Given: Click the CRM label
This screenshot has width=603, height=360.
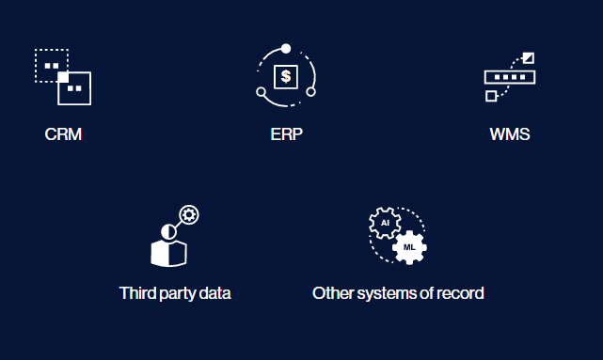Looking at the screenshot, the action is (63, 134).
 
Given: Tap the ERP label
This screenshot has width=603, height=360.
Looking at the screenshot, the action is (287, 134).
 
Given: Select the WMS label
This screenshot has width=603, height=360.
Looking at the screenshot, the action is (510, 134).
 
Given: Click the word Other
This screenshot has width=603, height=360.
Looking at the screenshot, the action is (333, 293).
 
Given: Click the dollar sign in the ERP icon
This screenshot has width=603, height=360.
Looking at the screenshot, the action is (286, 76).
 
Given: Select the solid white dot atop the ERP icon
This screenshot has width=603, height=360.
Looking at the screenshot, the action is (286, 49).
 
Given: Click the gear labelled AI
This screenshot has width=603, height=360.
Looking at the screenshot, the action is (385, 223).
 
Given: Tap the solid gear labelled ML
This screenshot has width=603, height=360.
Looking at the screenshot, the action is (409, 247).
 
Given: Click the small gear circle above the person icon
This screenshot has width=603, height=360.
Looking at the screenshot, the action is (189, 214).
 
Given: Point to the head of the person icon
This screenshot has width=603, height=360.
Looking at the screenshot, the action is (168, 231).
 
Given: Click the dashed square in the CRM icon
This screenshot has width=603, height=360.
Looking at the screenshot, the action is (52, 65).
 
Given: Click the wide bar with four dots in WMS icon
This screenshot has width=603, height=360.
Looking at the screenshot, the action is (510, 77).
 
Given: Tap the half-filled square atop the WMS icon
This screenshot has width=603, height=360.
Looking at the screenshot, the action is (529, 58).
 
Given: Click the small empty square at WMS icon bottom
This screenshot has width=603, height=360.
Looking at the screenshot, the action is (491, 96).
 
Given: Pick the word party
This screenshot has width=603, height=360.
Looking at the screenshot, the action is (177, 294).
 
